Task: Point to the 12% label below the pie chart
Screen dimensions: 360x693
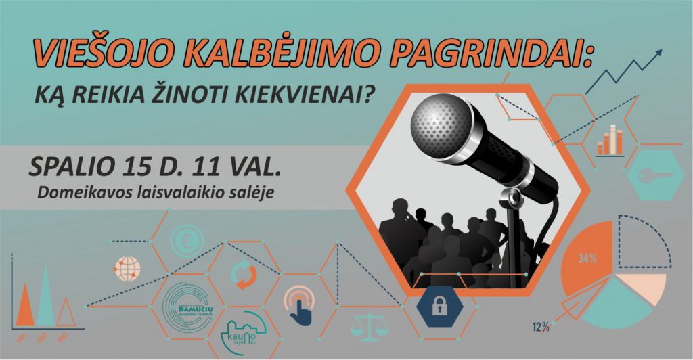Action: pyautogui.click(x=540, y=328)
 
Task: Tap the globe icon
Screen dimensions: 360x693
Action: pyautogui.click(x=129, y=267)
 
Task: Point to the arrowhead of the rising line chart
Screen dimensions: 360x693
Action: pyautogui.click(x=658, y=53)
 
